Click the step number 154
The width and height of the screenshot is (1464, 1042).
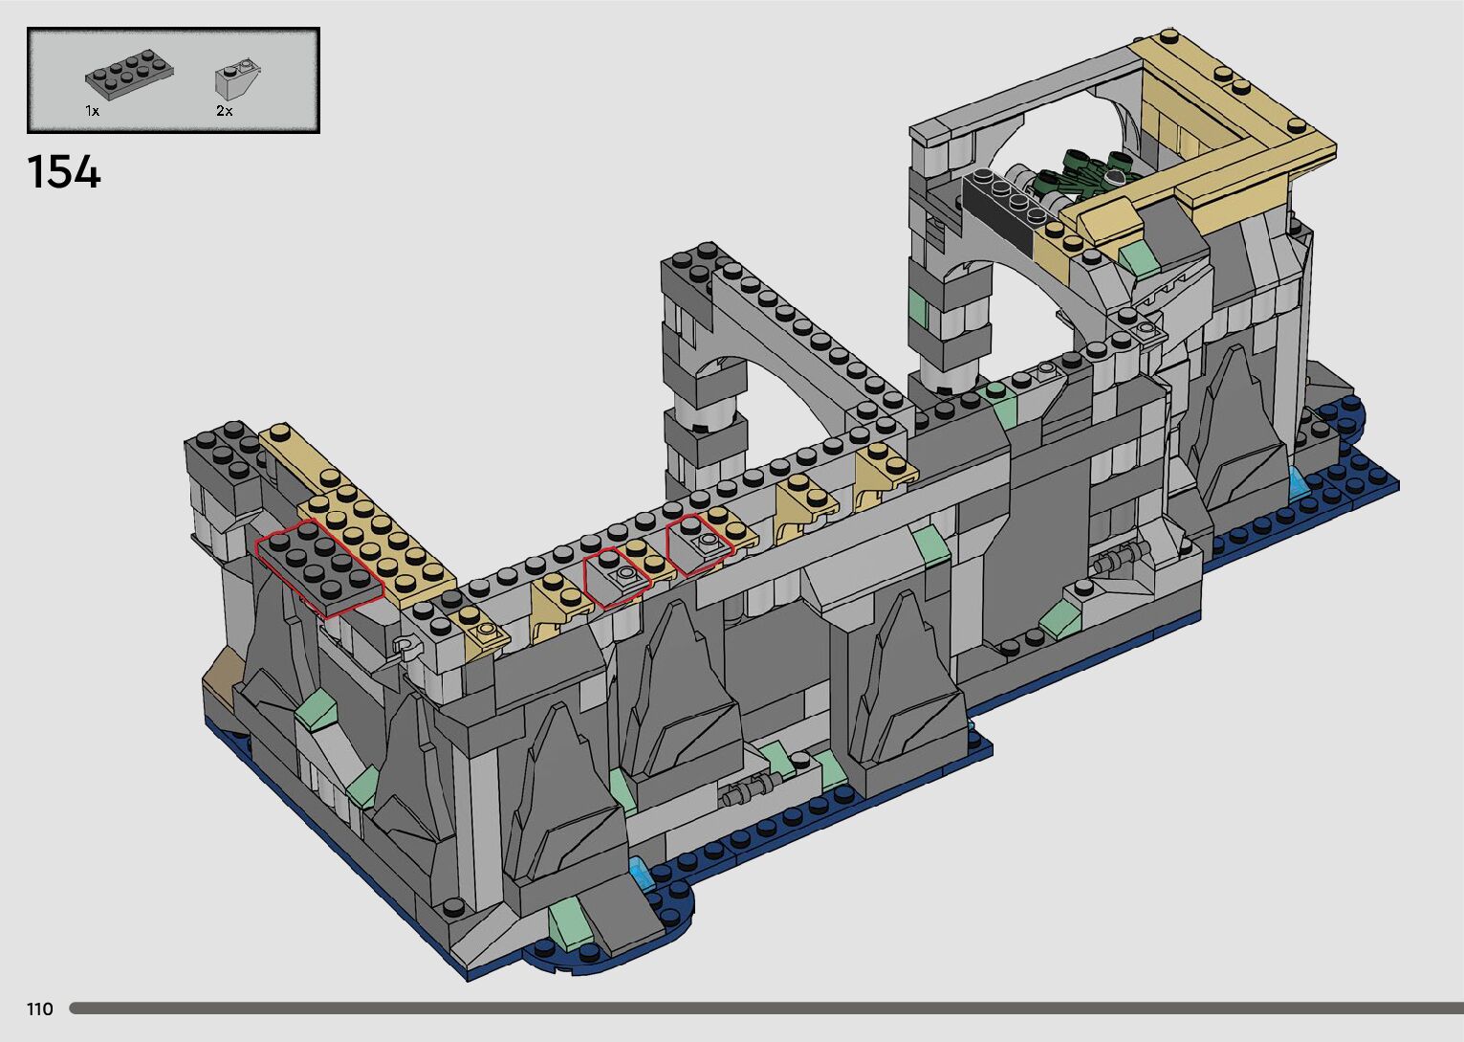coord(64,172)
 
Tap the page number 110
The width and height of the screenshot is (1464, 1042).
coord(40,1009)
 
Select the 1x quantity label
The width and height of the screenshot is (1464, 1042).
coord(92,111)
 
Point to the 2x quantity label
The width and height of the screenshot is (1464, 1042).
coord(224,111)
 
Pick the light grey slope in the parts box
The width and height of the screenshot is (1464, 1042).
coord(238,78)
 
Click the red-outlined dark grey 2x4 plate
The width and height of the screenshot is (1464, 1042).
coord(319,567)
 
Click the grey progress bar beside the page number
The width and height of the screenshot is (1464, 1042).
coord(766,1009)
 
